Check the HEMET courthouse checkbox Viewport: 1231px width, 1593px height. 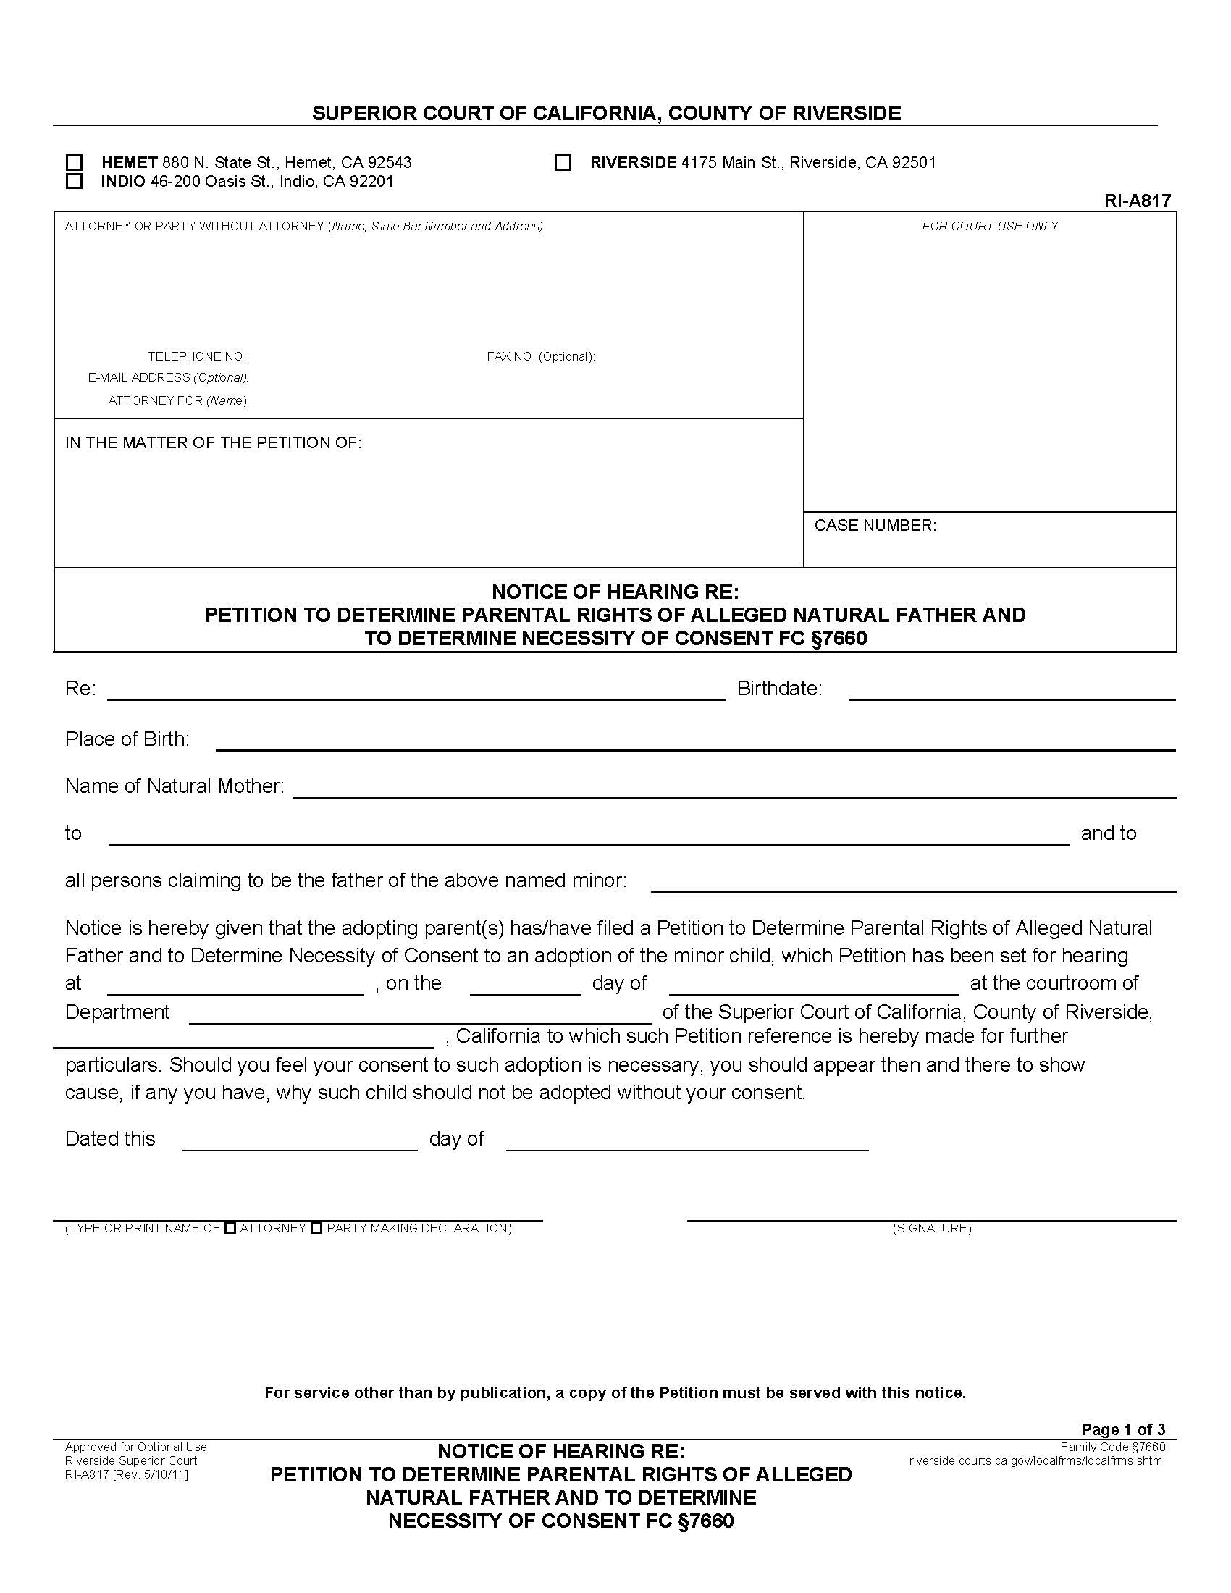(75, 162)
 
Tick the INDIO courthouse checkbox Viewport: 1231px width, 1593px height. (75, 181)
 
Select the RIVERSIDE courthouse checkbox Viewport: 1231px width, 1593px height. (563, 162)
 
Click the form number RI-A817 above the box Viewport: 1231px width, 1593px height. (1137, 201)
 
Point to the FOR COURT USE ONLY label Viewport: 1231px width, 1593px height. (990, 226)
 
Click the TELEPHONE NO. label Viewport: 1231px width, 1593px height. (198, 357)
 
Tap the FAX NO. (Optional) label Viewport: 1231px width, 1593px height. (540, 357)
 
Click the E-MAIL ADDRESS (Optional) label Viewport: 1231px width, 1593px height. (169, 378)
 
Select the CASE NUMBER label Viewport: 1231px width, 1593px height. (875, 525)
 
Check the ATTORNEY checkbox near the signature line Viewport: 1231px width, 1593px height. (230, 1228)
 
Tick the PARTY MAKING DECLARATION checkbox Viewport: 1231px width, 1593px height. (316, 1228)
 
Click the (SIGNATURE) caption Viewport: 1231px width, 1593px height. (932, 1228)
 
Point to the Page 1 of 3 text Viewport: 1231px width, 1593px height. (1123, 1429)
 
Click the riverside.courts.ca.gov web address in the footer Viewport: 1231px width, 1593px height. (1036, 1460)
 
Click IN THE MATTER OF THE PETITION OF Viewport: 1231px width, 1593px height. (213, 442)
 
